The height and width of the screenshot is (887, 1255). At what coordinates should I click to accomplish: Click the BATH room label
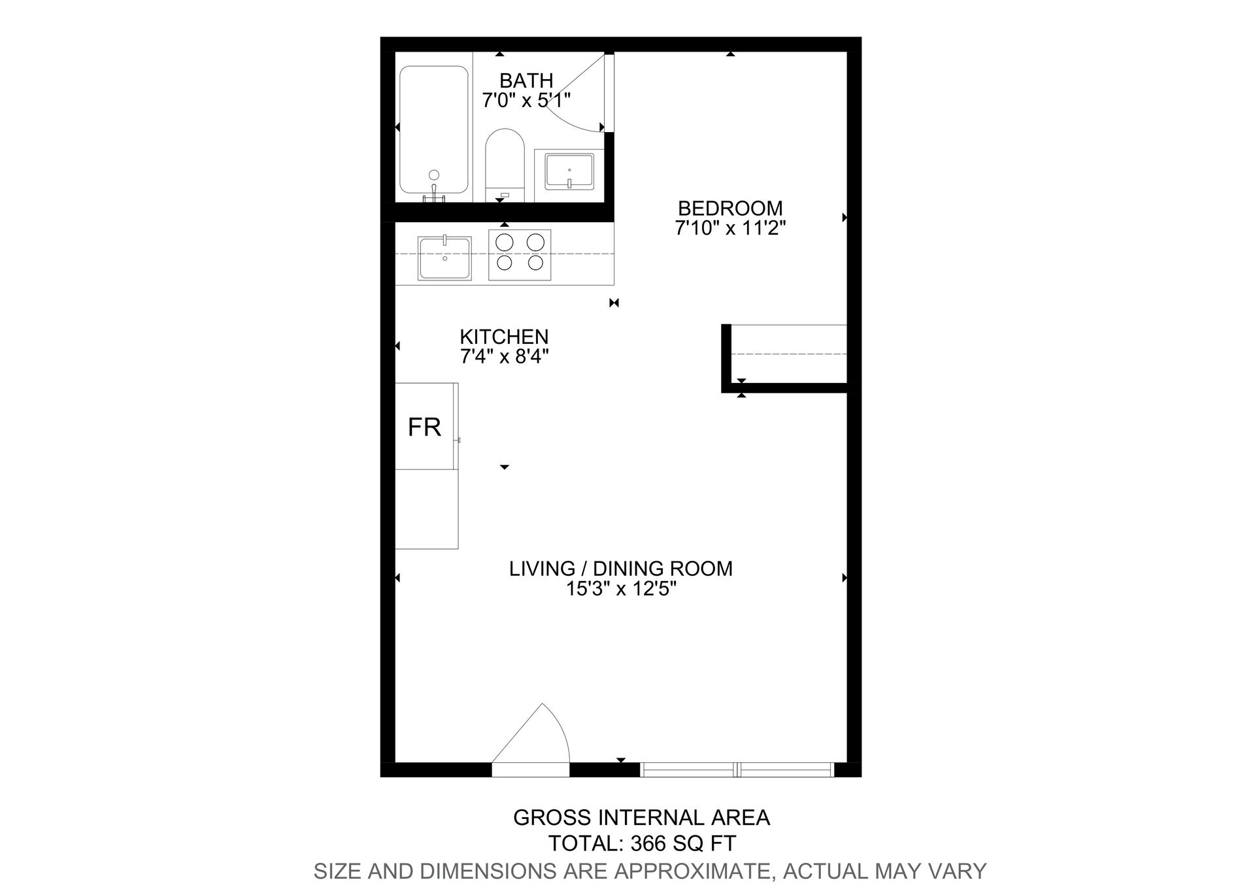(526, 80)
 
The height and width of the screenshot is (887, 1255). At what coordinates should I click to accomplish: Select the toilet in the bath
(505, 163)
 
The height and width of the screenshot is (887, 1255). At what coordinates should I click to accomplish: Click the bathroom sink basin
(569, 171)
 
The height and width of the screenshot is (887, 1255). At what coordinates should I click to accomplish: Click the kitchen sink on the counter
(444, 258)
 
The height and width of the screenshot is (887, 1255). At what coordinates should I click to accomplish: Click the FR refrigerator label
(424, 427)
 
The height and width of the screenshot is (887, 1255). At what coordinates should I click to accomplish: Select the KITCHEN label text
(504, 337)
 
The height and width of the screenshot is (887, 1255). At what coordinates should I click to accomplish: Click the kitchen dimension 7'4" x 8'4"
(504, 357)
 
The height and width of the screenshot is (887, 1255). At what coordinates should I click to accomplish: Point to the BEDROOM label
(729, 208)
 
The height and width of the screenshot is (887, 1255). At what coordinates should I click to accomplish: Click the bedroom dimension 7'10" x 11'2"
(729, 228)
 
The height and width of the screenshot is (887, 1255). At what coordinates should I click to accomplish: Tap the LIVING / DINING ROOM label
(620, 568)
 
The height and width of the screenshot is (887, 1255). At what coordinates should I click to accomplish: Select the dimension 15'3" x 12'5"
(620, 589)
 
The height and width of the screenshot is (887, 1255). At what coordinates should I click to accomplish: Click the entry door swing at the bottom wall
(536, 739)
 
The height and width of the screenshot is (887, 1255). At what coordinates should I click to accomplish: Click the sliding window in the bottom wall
(737, 769)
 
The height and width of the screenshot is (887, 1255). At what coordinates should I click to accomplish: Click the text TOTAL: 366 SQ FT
(642, 843)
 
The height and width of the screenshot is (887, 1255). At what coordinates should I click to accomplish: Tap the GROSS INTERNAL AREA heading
(641, 817)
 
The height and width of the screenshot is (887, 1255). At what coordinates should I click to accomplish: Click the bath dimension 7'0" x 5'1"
(526, 101)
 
